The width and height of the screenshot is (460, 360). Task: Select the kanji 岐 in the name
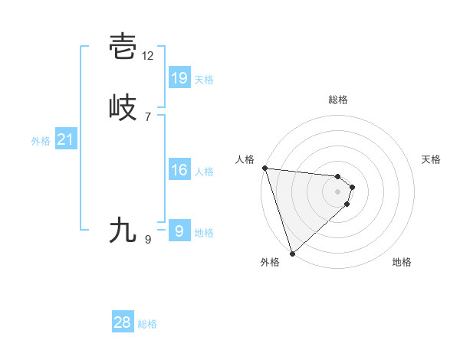[x=123, y=108]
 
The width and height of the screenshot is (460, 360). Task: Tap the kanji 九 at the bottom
[x=123, y=230]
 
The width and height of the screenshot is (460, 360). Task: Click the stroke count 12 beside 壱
[x=148, y=55]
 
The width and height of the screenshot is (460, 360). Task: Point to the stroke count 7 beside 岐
[x=148, y=116]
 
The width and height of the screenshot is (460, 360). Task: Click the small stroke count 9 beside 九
[x=148, y=240]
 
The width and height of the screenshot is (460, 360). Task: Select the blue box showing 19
[x=179, y=77]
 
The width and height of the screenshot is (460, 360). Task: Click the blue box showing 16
[x=179, y=170]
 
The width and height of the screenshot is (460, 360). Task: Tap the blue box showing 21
[x=65, y=139]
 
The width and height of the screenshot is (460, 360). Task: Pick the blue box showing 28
[x=123, y=322]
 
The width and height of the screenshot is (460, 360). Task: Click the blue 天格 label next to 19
[x=204, y=80]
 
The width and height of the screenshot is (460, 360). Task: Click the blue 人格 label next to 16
[x=204, y=172]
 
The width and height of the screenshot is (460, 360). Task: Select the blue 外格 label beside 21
[x=41, y=141]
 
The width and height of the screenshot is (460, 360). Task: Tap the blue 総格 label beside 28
[x=147, y=324]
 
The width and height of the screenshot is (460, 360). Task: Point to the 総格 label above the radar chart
[x=338, y=100]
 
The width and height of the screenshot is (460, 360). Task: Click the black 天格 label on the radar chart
[x=432, y=159]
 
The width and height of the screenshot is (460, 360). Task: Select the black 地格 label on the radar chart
[x=402, y=262]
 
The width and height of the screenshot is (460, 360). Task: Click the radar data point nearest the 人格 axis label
[x=264, y=168]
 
